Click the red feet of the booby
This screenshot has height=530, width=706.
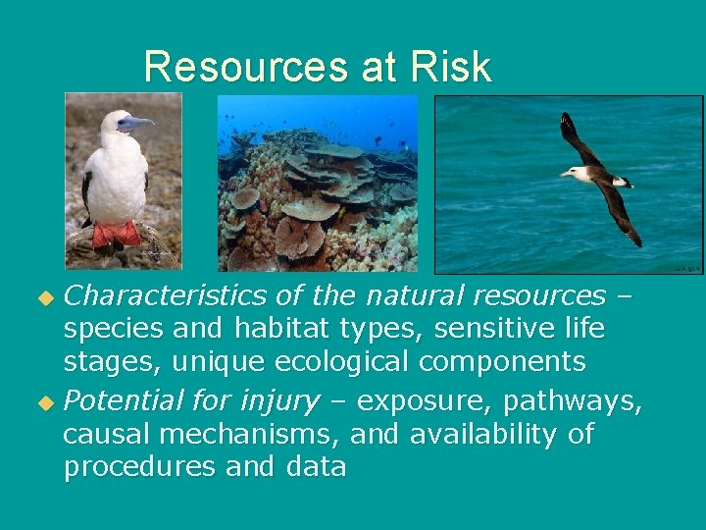pos(117,235)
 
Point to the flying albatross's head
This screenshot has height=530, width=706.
pos(569,173)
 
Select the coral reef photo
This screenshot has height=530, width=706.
pos(318,183)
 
